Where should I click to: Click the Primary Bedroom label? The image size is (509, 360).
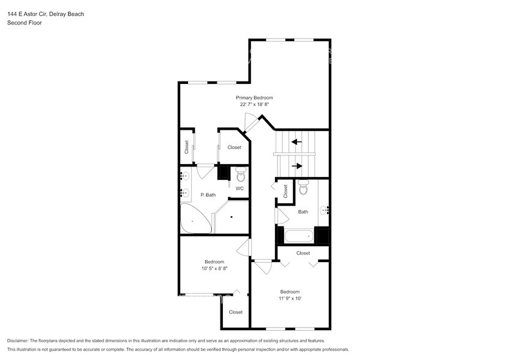[254, 97]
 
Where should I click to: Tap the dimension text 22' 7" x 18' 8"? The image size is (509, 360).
[254, 105]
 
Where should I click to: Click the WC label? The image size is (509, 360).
[239, 188]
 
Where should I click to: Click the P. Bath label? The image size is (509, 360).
[208, 195]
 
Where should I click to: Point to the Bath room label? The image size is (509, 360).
[303, 212]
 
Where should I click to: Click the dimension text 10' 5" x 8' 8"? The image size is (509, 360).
[214, 269]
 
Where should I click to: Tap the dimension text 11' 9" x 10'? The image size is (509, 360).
[290, 299]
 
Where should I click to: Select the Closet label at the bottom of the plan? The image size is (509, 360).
[236, 312]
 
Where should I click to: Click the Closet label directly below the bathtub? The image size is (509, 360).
[303, 253]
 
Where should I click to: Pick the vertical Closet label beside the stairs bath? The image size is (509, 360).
[285, 192]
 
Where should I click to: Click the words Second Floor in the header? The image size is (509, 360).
[22, 23]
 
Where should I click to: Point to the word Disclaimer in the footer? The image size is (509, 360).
[19, 340]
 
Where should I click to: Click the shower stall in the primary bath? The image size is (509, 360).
[231, 217]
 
